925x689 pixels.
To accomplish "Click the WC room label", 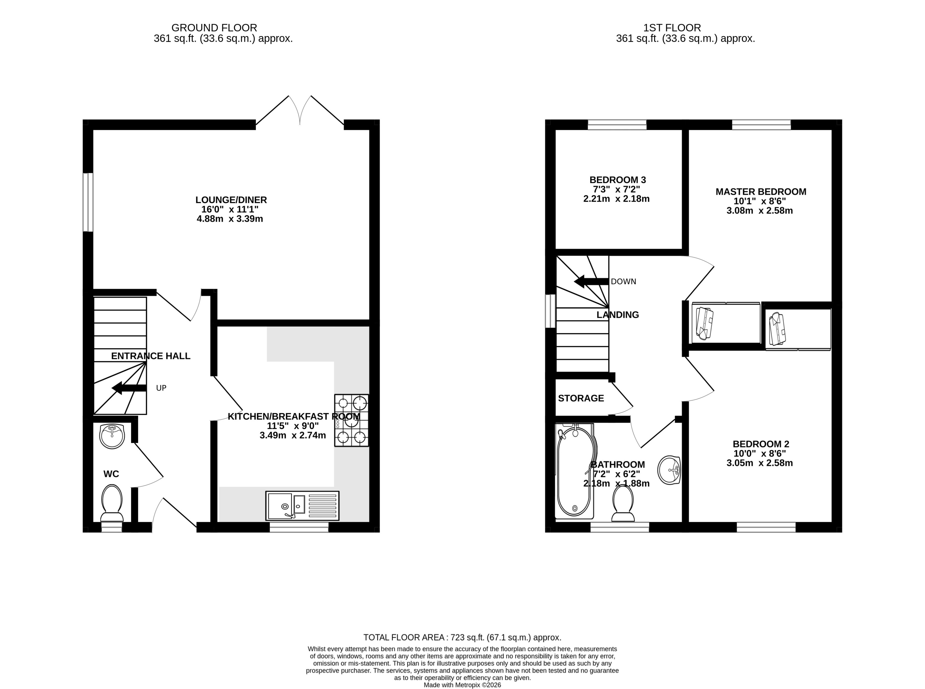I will tap(111, 474).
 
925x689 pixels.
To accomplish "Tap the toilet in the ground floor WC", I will tap(112, 503).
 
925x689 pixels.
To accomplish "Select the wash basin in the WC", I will tap(112, 436).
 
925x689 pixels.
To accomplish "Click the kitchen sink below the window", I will tap(302, 506).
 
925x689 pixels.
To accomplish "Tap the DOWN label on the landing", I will tap(623, 282).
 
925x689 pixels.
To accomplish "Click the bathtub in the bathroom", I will tap(574, 471).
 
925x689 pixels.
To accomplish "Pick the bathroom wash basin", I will tap(669, 470).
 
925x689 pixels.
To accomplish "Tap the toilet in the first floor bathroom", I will tap(623, 504).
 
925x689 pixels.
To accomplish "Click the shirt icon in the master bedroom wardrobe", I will tap(705, 323).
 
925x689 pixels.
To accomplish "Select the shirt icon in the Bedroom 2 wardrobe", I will tap(777, 329).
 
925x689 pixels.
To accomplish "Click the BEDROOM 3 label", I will tap(617, 180).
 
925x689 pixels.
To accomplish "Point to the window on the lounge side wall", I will tap(88, 202).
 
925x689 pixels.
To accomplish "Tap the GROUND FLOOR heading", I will tap(214, 28).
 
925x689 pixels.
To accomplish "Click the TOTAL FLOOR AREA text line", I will tap(462, 637).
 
